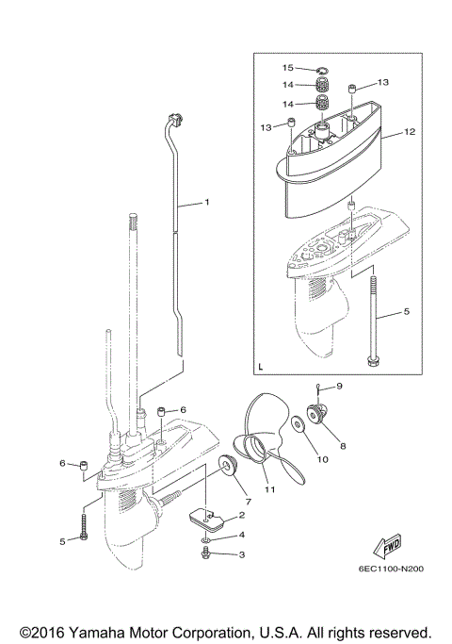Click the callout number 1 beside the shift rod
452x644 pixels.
coord(207,202)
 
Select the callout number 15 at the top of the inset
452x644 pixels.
coord(289,68)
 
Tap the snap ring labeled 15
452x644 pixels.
coord(321,69)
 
